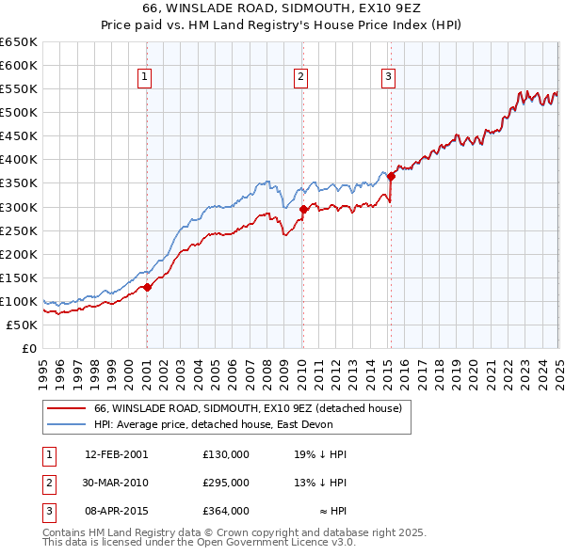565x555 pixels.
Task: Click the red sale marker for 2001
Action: point(147,287)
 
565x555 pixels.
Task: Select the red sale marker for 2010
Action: point(303,209)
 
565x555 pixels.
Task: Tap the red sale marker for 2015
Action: point(390,176)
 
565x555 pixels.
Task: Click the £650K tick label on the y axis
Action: point(18,42)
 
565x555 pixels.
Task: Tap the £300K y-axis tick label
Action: point(18,207)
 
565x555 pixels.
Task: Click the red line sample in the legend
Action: point(67,408)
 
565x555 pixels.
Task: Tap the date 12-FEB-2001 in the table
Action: point(116,453)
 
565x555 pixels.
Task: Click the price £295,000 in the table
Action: point(225,483)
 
